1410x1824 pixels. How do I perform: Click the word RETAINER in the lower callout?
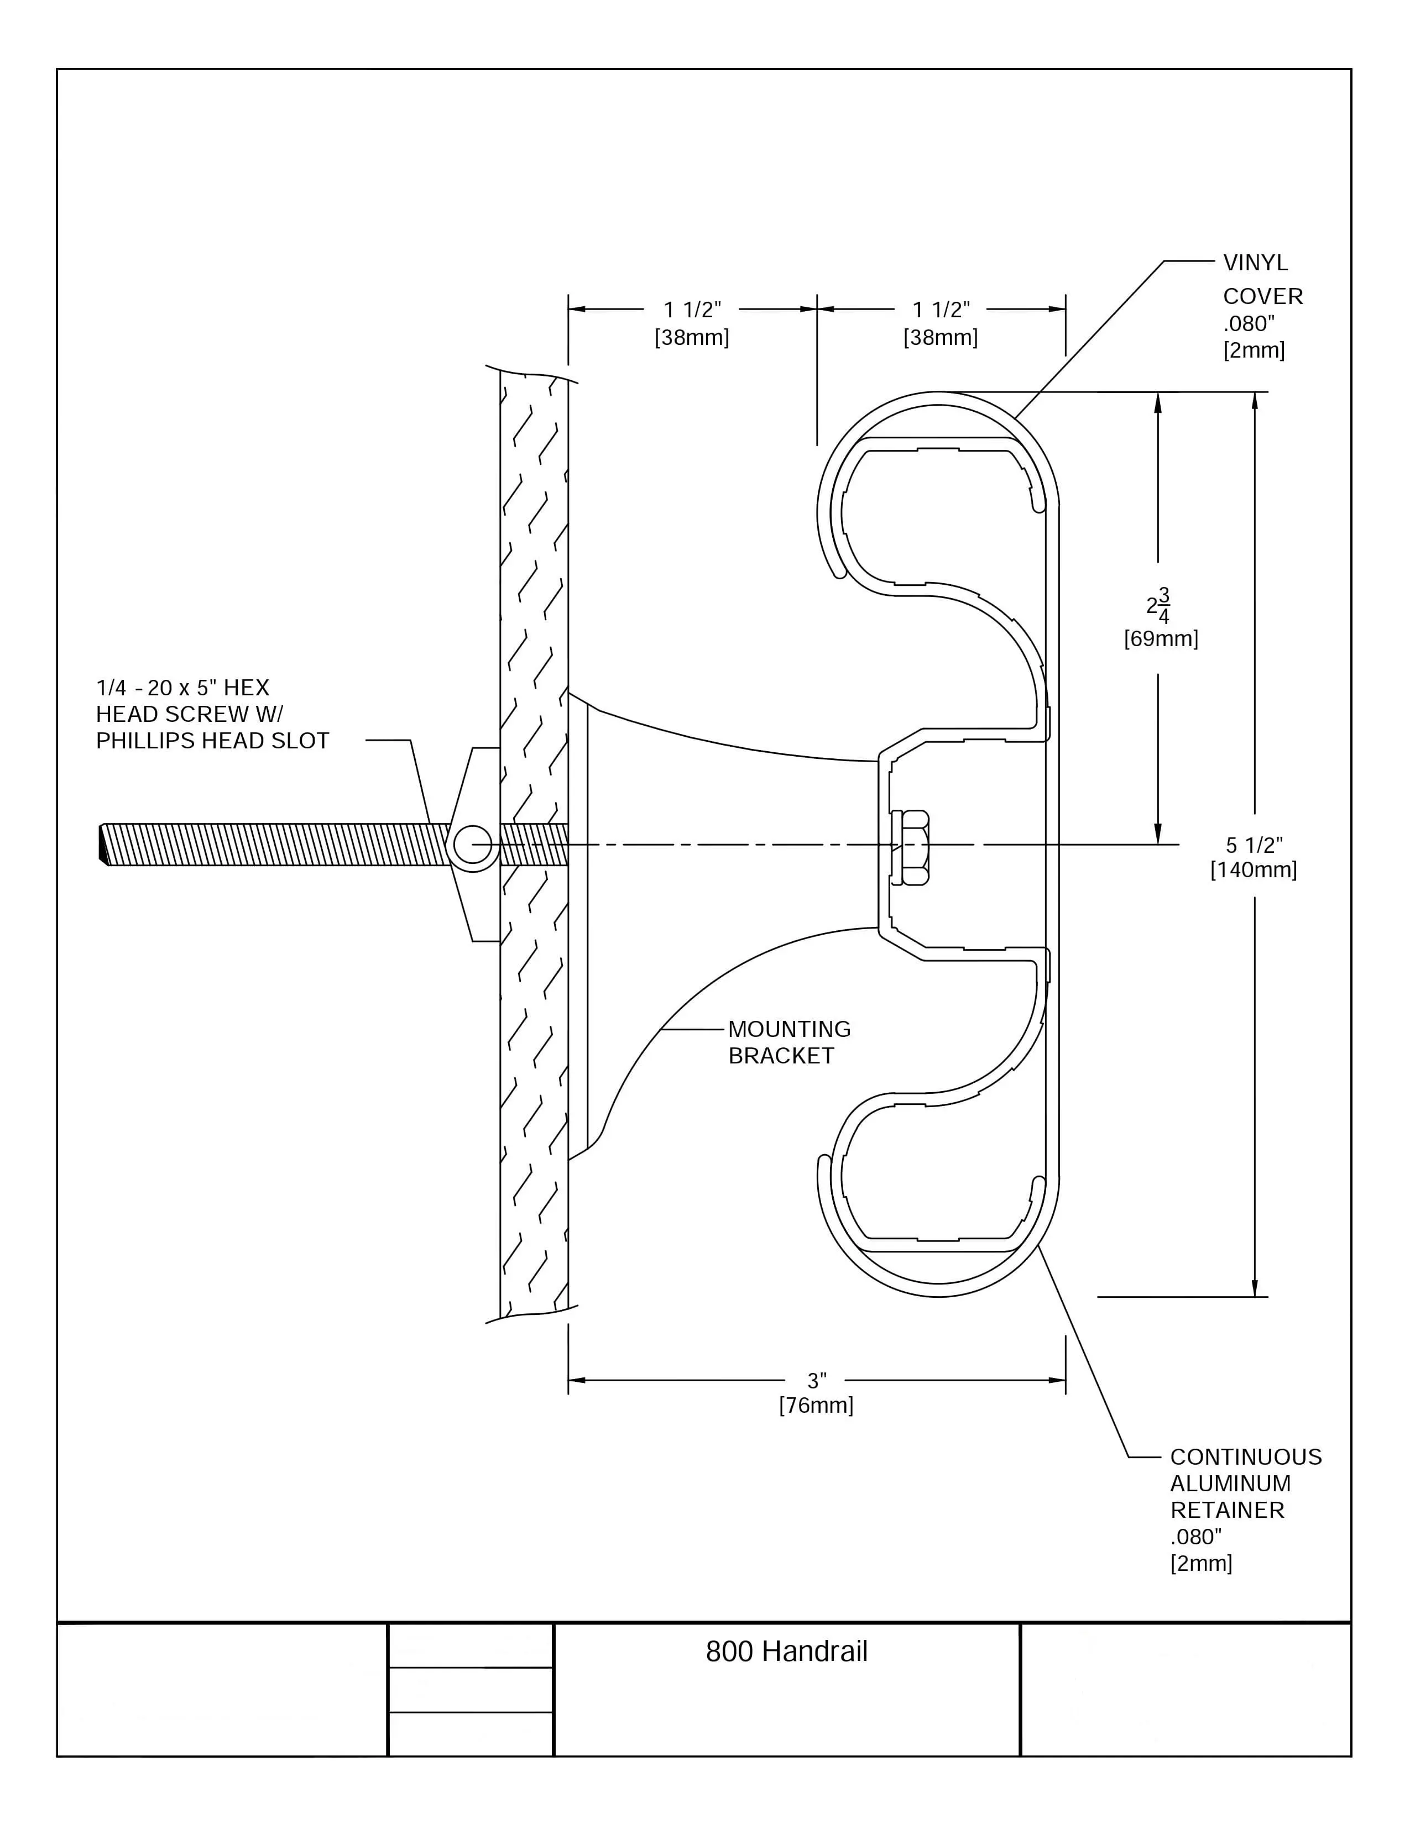1226,1510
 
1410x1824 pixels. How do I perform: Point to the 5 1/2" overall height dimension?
1254,845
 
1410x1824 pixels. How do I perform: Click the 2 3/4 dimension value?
1158,605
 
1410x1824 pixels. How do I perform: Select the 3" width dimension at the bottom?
816,1381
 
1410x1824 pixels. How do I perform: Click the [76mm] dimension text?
816,1406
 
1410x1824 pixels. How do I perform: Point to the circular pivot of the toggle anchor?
473,845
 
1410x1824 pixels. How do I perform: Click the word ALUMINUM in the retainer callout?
1230,1484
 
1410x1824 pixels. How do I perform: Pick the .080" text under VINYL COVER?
1248,323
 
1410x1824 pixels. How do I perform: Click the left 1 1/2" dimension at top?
692,310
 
